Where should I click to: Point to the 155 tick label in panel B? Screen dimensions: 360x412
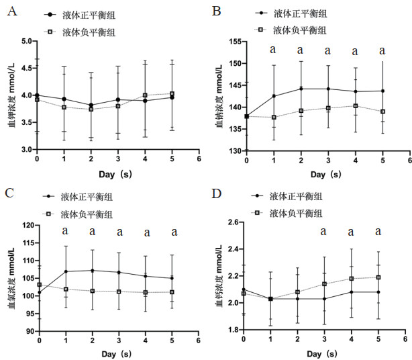[x=235, y=42]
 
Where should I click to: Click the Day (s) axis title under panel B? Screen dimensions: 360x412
[x=327, y=174]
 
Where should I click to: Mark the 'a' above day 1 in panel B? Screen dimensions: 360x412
[x=273, y=49]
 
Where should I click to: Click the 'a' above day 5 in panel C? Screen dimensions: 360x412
[x=174, y=232]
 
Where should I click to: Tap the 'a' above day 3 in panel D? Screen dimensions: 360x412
[x=323, y=232]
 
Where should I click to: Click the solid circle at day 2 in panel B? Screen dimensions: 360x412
[x=301, y=89]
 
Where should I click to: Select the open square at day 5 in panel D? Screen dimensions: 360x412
[x=378, y=277]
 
